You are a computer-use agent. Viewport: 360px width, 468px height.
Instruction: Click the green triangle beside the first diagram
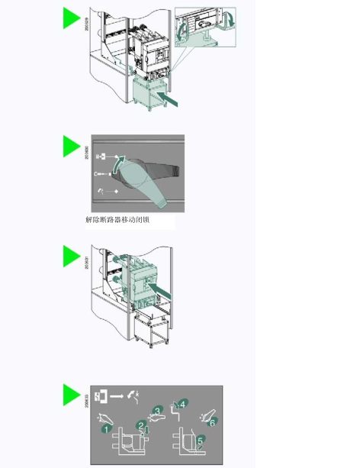pyautogui.click(x=71, y=18)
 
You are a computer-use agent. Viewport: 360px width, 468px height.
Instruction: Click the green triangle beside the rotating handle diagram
pyautogui.click(x=71, y=146)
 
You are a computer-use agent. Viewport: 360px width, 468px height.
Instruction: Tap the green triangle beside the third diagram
pyautogui.click(x=71, y=257)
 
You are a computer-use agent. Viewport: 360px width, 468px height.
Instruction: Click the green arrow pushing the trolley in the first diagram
pyautogui.click(x=172, y=99)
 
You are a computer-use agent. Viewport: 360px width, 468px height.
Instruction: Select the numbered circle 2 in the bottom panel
pyautogui.click(x=141, y=424)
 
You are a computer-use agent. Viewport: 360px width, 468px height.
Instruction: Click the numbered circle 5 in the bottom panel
pyautogui.click(x=200, y=441)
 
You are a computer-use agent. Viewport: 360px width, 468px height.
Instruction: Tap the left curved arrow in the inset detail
pyautogui.click(x=183, y=31)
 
